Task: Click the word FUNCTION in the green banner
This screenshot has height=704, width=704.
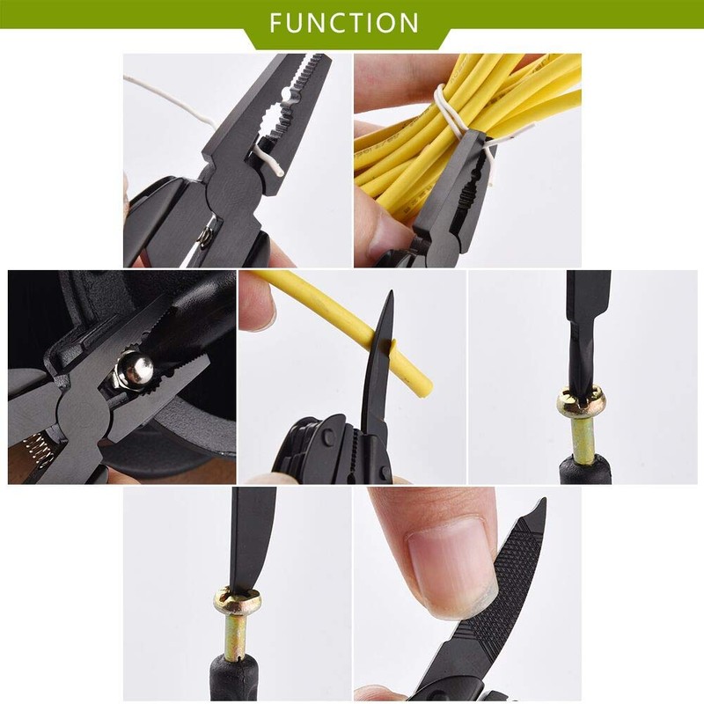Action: click(x=345, y=21)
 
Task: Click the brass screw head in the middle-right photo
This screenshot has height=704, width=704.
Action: click(x=581, y=401)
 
